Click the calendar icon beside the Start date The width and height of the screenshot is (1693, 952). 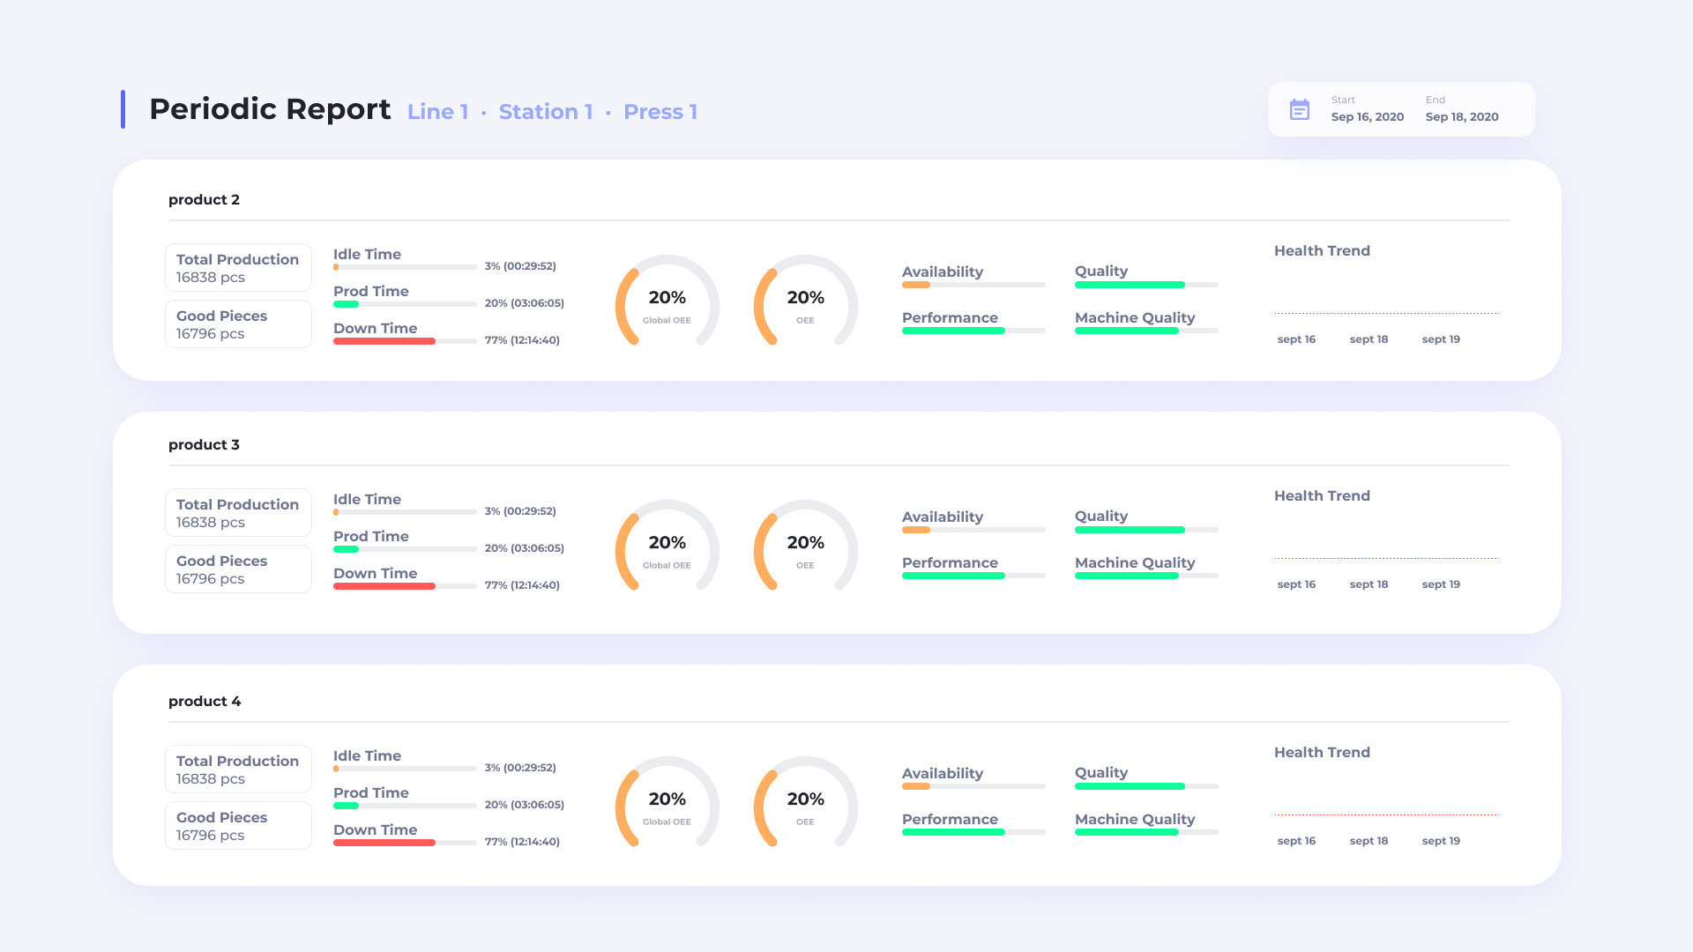click(x=1299, y=109)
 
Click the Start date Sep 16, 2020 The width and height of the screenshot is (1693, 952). click(x=1367, y=116)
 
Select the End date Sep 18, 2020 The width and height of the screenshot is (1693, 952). click(x=1461, y=116)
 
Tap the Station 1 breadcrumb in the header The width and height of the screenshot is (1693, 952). click(x=545, y=112)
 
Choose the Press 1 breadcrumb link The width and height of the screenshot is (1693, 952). click(x=660, y=112)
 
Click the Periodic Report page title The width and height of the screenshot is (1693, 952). click(x=269, y=109)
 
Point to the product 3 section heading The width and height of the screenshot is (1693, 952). click(x=204, y=445)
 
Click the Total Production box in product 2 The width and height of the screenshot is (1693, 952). click(x=238, y=268)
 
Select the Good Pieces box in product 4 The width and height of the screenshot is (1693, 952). click(x=238, y=826)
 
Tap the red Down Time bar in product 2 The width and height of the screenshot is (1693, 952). click(x=384, y=341)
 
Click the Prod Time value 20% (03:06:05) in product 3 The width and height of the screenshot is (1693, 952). click(x=524, y=548)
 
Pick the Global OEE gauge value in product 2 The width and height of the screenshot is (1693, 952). click(x=667, y=298)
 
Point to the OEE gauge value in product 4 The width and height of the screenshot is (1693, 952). click(x=805, y=800)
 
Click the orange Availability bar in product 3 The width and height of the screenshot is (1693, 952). click(x=916, y=530)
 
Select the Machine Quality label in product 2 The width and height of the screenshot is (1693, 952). click(x=1134, y=317)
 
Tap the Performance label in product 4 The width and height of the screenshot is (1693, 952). click(x=950, y=819)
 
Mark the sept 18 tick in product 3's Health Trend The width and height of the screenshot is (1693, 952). click(x=1369, y=584)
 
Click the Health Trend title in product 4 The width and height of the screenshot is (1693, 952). click(x=1322, y=752)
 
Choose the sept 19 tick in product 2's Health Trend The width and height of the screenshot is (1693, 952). click(x=1441, y=339)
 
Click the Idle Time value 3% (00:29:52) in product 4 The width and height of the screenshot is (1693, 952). click(x=520, y=768)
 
